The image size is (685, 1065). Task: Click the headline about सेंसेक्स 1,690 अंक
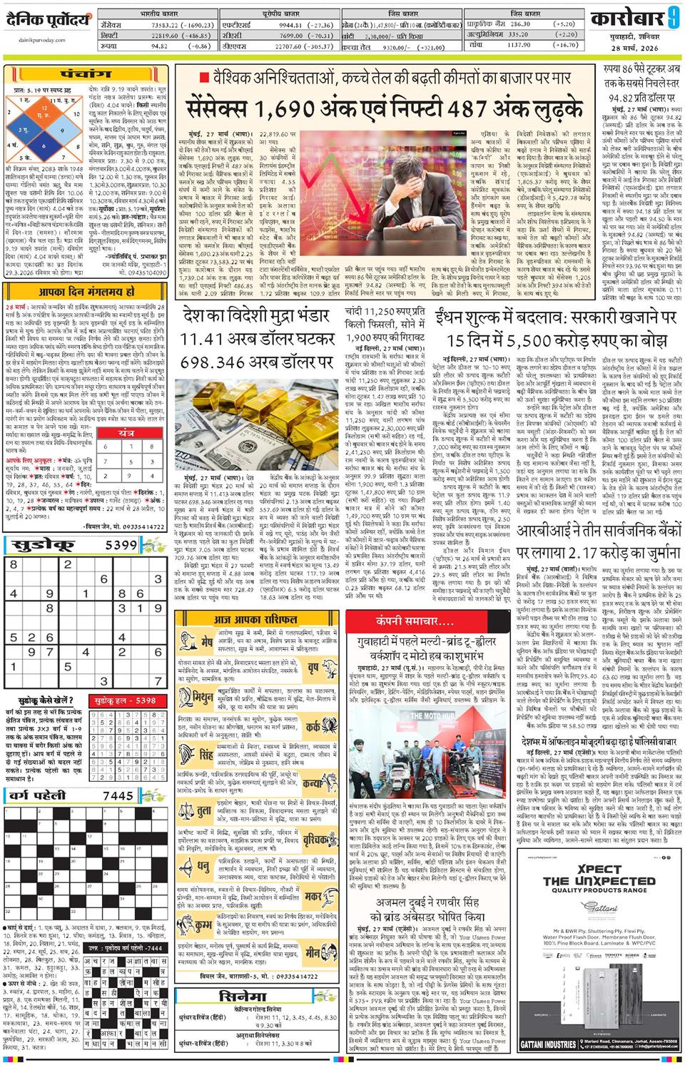click(x=385, y=110)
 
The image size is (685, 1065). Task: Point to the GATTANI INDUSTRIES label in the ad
click(x=548, y=1044)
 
